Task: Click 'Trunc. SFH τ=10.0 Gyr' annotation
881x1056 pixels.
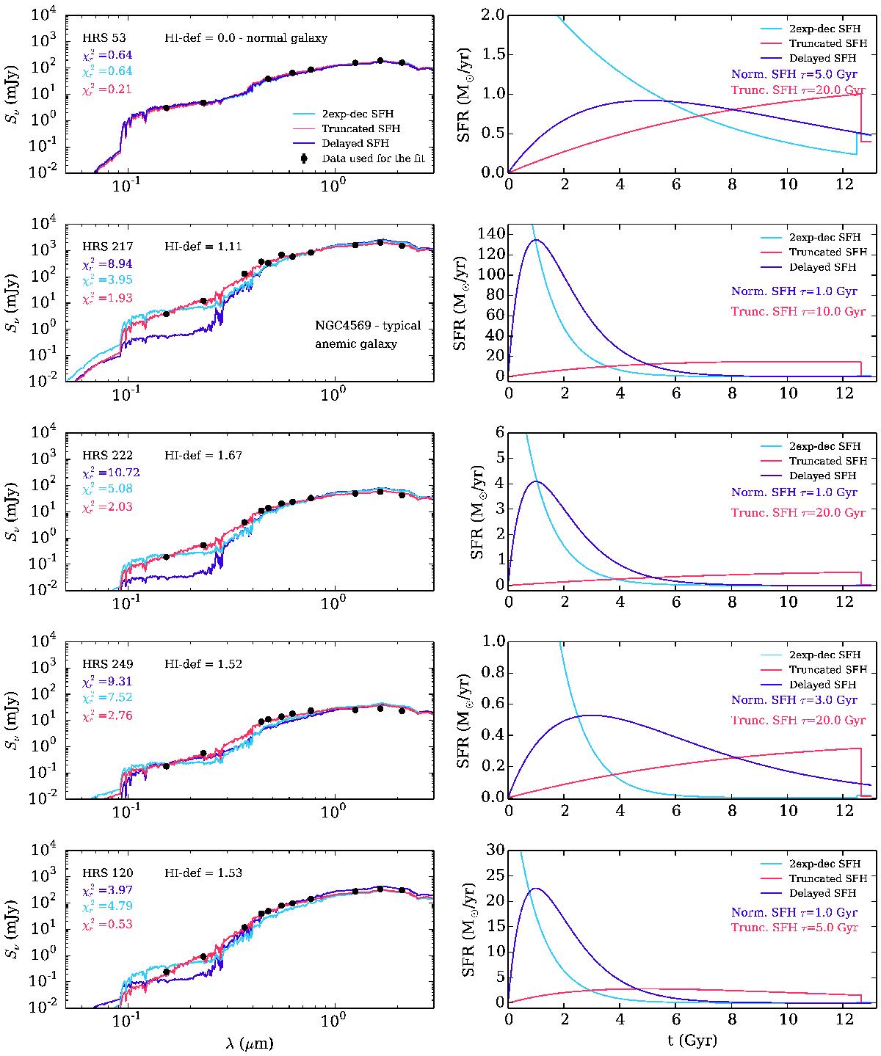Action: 798,312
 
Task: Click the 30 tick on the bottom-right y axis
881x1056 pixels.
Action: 494,850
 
